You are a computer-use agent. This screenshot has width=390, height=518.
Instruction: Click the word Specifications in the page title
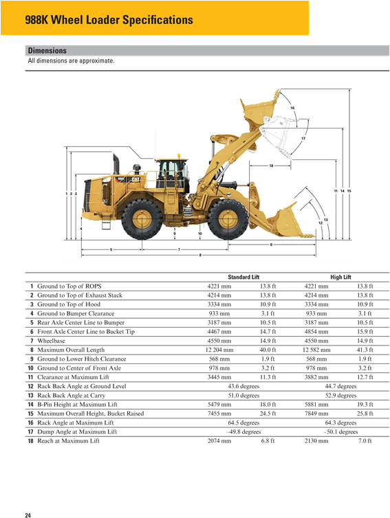(x=158, y=20)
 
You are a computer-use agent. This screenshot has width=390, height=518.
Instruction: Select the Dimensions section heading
(x=47, y=51)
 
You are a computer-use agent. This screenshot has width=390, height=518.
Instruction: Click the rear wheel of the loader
(x=142, y=219)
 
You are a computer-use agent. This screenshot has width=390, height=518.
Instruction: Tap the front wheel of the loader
(x=228, y=219)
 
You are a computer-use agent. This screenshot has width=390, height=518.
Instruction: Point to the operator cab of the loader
(x=171, y=175)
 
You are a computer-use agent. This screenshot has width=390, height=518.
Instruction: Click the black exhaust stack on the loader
(x=116, y=166)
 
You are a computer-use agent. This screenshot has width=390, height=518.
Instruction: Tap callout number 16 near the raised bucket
(x=292, y=109)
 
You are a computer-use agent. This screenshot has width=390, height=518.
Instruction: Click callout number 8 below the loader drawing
(x=200, y=256)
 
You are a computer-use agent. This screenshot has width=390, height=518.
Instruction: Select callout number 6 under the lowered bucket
(x=271, y=244)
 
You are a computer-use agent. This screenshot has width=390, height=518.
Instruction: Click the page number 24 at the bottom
(x=28, y=514)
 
